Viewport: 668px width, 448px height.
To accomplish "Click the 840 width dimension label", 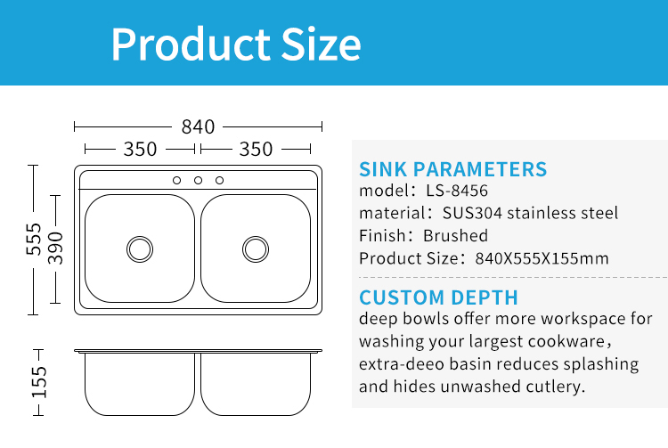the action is [198, 126].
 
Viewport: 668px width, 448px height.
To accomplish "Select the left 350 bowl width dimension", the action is [140, 149].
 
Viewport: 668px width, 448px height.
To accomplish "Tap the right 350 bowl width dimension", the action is [256, 149].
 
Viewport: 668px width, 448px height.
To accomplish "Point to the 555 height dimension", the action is [34, 240].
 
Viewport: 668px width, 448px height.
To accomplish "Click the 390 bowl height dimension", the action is [55, 248].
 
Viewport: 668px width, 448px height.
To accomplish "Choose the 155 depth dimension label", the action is [39, 382].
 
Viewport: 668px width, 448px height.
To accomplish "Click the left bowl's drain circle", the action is [140, 249].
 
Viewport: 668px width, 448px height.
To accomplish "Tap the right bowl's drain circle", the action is [256, 249].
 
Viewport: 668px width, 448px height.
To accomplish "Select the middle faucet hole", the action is [198, 181].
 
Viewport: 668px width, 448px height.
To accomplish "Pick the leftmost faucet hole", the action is [177, 181].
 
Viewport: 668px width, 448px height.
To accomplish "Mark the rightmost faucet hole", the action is [219, 181].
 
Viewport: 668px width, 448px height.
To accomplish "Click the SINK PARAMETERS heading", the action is [452, 169].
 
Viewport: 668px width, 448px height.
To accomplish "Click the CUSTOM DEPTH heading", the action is [439, 297].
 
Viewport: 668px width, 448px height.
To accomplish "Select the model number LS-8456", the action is [457, 191].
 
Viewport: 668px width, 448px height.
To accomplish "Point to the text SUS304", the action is [472, 213].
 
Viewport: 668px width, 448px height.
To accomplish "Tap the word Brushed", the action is [455, 235].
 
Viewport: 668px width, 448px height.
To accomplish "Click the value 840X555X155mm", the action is [542, 258].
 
